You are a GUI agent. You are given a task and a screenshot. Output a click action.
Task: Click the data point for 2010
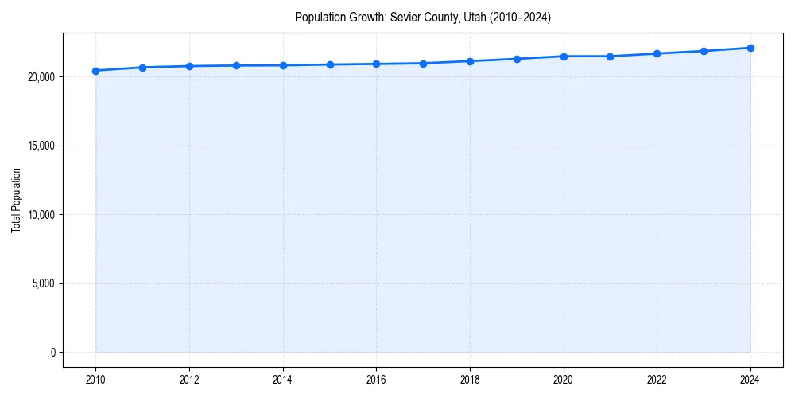point(95,71)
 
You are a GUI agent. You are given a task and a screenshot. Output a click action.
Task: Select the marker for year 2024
point(750,48)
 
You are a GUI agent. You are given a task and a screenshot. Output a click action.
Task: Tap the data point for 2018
point(470,61)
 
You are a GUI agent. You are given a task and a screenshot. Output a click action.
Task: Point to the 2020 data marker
point(564,57)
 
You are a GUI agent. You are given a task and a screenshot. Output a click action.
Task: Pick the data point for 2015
point(330,64)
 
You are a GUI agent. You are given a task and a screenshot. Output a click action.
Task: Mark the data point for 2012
point(189,66)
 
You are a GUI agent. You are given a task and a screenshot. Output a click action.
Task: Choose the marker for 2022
point(657,53)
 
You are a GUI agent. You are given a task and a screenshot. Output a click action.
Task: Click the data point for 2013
point(236,65)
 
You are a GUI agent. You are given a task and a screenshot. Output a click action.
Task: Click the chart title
point(422,17)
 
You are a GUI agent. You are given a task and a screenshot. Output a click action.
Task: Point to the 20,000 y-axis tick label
point(40,77)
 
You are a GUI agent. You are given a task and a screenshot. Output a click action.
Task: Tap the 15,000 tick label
point(40,146)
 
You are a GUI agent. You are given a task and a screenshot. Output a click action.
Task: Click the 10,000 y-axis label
point(40,215)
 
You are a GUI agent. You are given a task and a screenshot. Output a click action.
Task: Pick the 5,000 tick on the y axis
point(42,283)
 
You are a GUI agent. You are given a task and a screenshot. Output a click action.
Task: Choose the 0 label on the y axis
point(52,353)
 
